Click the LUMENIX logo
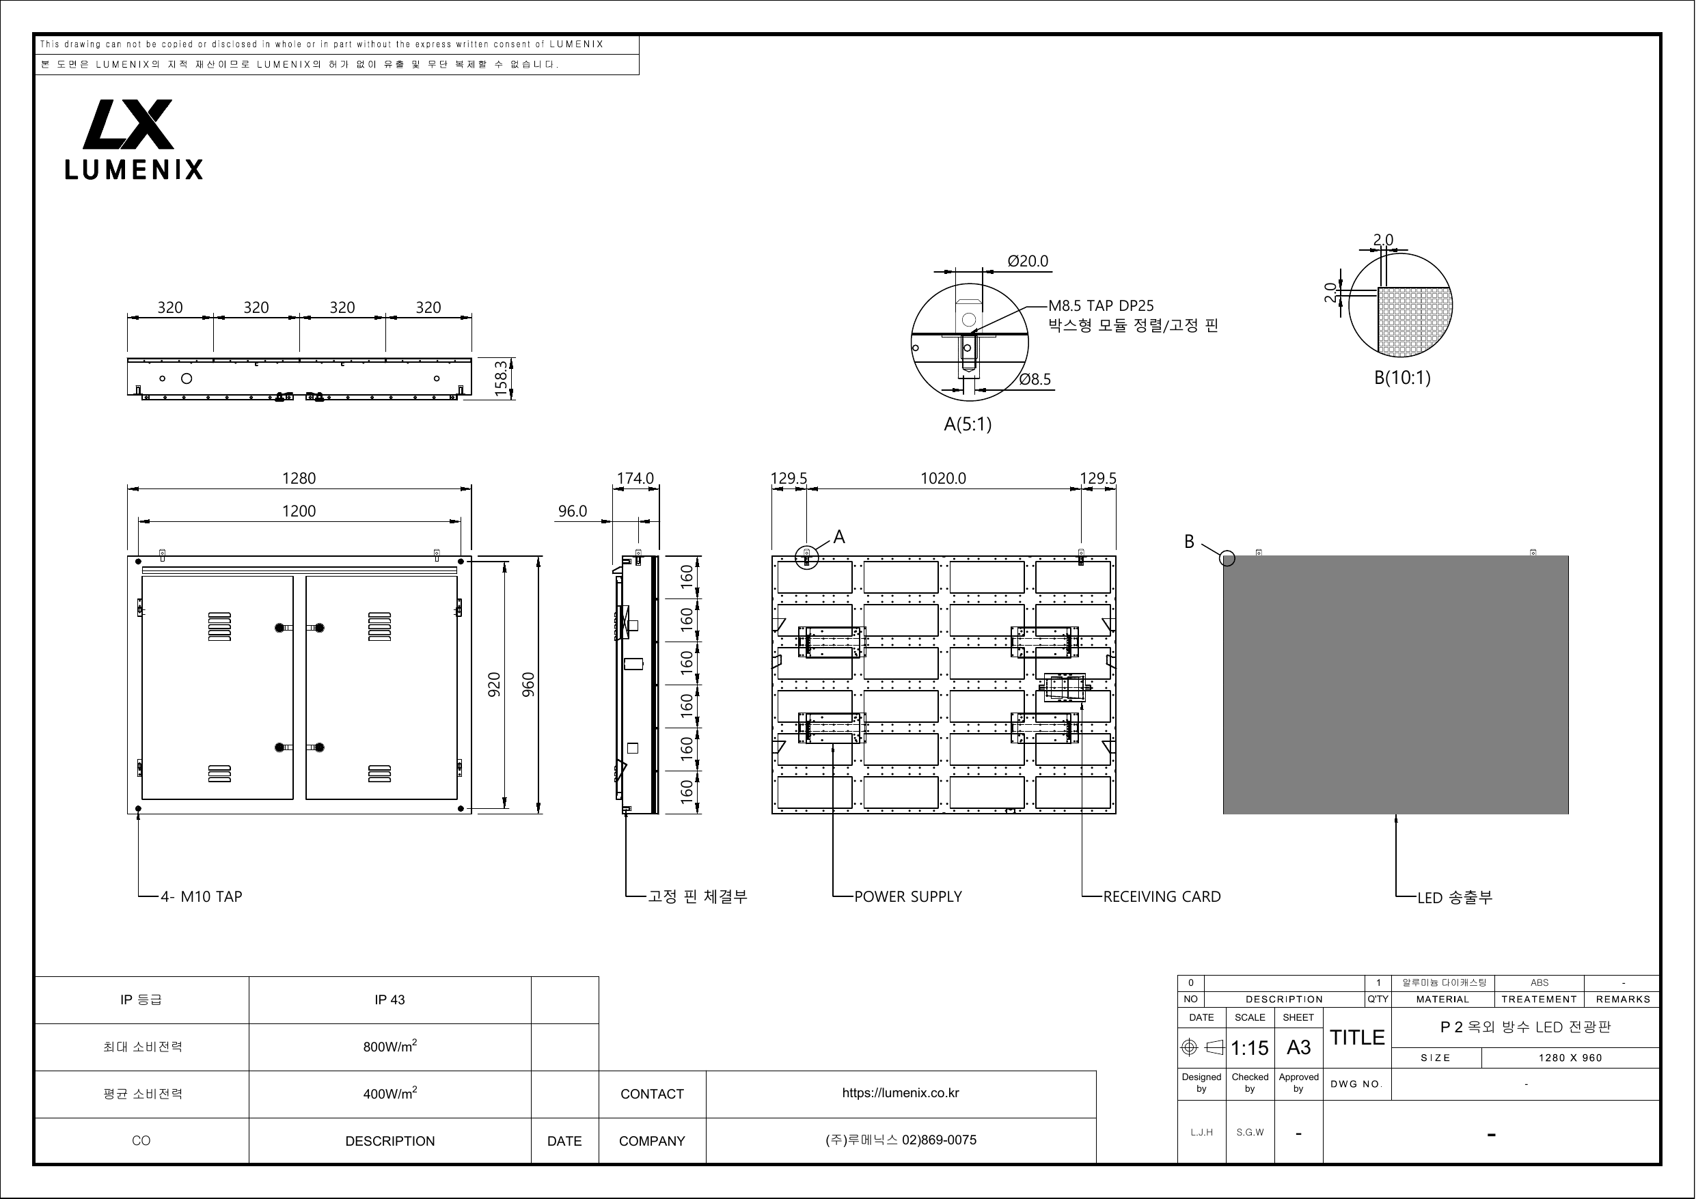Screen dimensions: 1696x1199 pyautogui.click(x=133, y=139)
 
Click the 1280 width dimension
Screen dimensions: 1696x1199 pyautogui.click(x=299, y=478)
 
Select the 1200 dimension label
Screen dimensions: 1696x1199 pyautogui.click(x=299, y=511)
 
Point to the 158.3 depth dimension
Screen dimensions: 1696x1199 pyautogui.click(x=502, y=378)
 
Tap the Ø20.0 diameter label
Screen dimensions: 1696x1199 pyautogui.click(x=1028, y=262)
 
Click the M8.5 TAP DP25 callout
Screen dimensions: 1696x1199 pyautogui.click(x=1101, y=306)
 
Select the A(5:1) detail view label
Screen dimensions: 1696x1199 pyautogui.click(x=968, y=424)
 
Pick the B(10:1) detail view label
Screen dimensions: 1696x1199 pyautogui.click(x=1402, y=378)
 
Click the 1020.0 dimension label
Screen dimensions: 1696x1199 pyautogui.click(x=943, y=478)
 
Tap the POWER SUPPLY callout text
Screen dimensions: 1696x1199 pyautogui.click(x=908, y=897)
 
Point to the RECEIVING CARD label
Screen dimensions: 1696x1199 pyautogui.click(x=1162, y=897)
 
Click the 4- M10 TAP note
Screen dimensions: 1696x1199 pyautogui.click(x=202, y=897)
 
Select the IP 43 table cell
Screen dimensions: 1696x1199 pyautogui.click(x=389, y=1000)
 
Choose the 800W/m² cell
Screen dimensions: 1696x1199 pyautogui.click(x=390, y=1046)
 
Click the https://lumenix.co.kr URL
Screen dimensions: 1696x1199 pyautogui.click(x=901, y=1093)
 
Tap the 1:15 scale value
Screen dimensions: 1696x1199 pyautogui.click(x=1250, y=1048)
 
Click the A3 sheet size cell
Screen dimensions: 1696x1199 pyautogui.click(x=1298, y=1047)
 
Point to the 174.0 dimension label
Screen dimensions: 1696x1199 pyautogui.click(x=635, y=478)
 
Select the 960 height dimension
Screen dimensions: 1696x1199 pyautogui.click(x=528, y=685)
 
